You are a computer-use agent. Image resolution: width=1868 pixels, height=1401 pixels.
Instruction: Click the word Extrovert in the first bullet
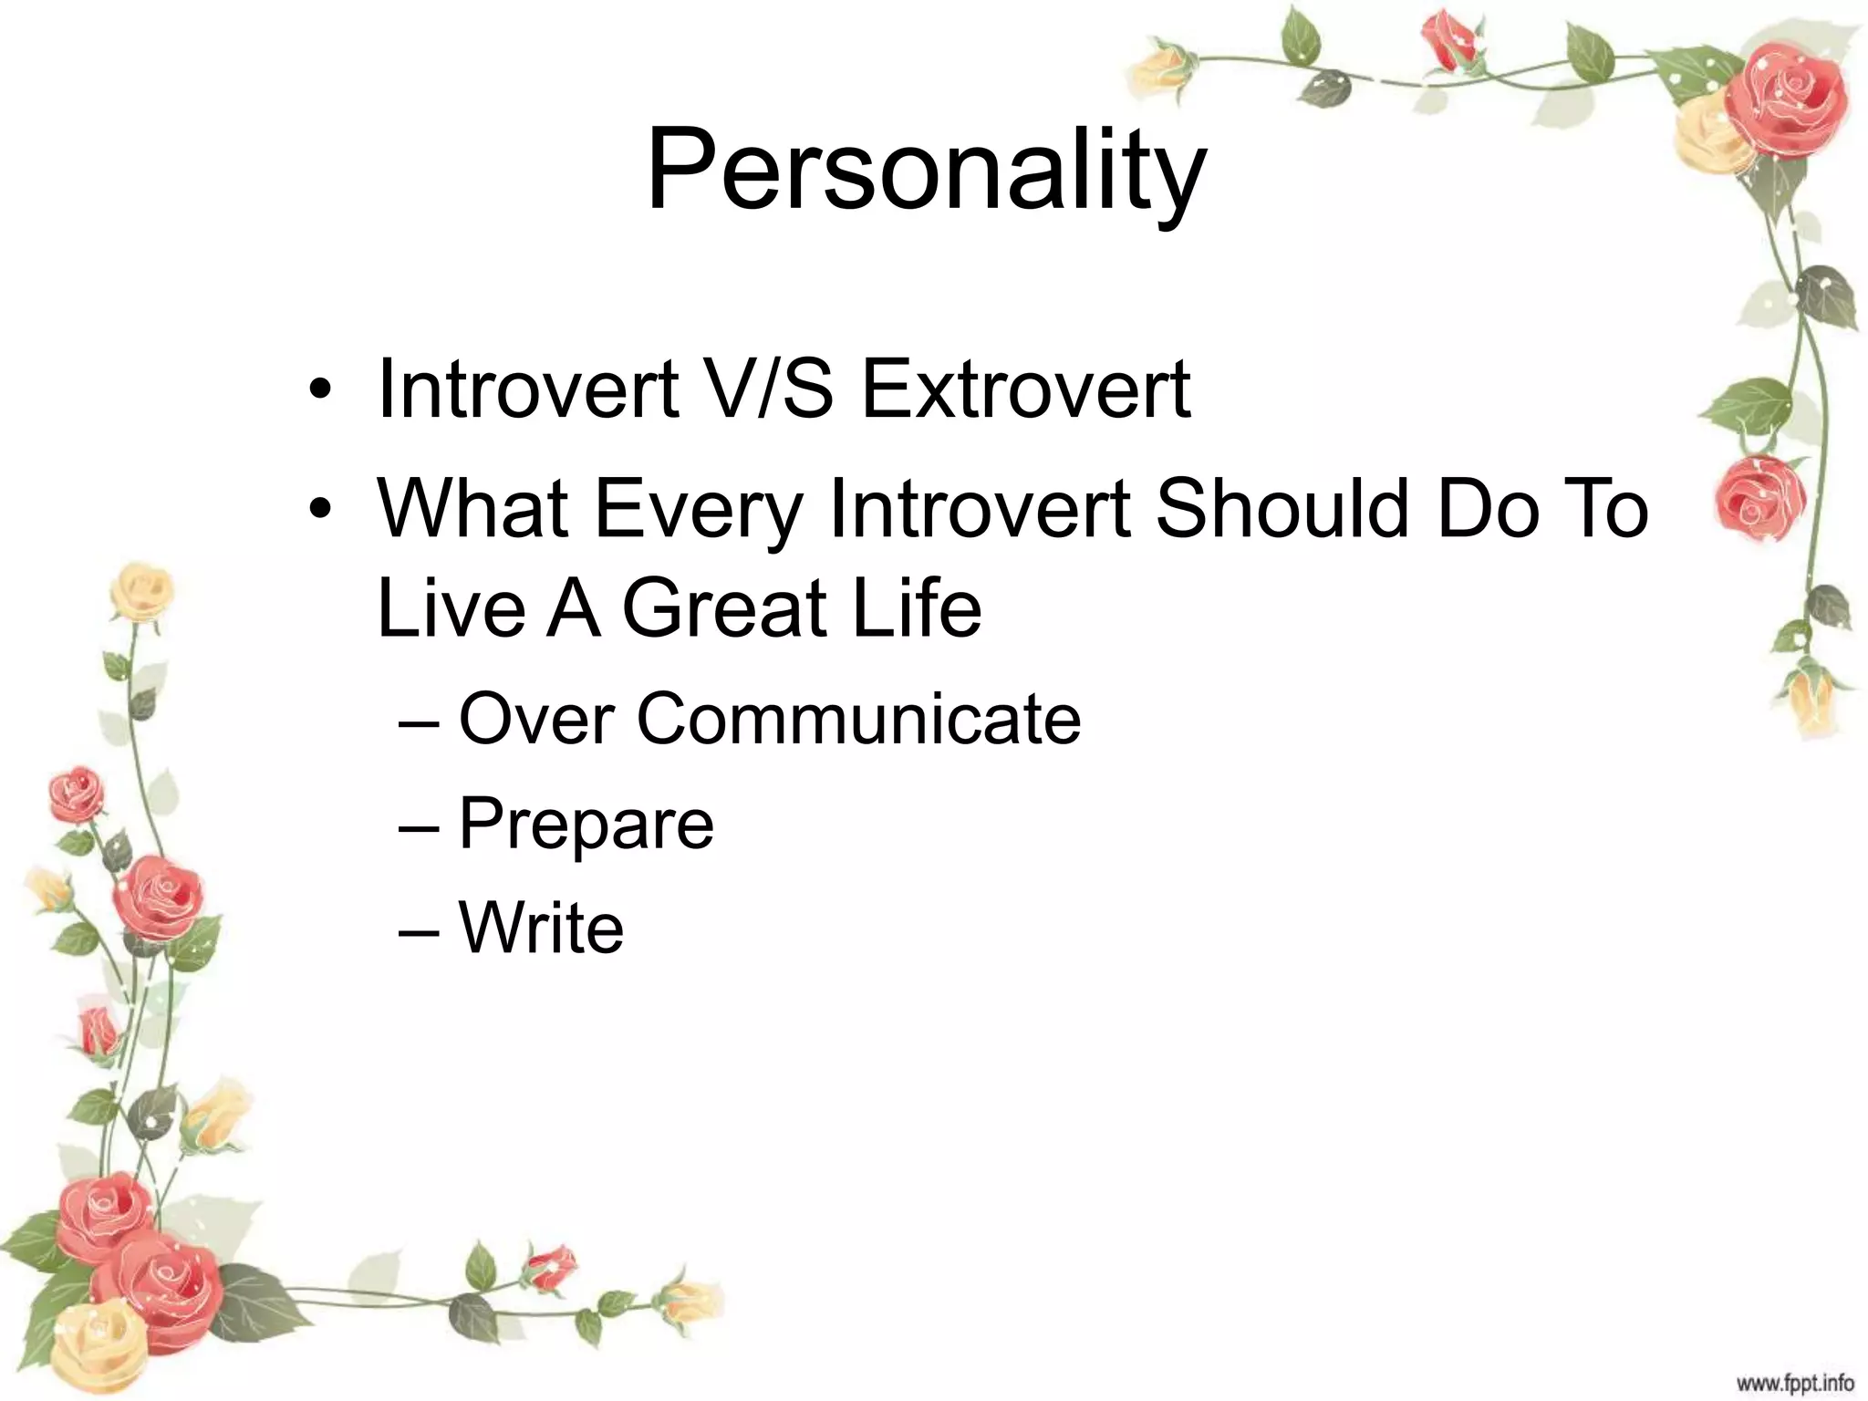(1025, 390)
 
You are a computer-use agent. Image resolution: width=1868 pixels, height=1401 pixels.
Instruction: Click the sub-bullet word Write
(541, 929)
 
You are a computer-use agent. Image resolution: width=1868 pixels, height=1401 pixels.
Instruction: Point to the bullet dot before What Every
(317, 511)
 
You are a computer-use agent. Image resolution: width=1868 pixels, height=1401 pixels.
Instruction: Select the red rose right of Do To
(1759, 498)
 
